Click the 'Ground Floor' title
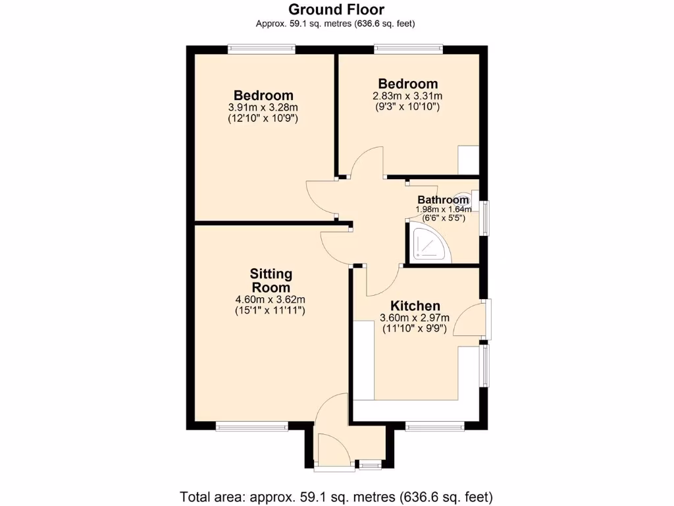pyautogui.click(x=336, y=9)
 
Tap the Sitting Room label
pyautogui.click(x=271, y=281)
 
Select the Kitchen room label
pyautogui.click(x=415, y=306)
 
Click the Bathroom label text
pyautogui.click(x=443, y=200)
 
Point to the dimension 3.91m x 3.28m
pyautogui.click(x=263, y=107)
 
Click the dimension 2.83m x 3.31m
pyautogui.click(x=407, y=96)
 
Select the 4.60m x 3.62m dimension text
pyautogui.click(x=271, y=298)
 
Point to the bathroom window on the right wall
pyautogui.click(x=485, y=217)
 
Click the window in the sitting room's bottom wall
pyautogui.click(x=252, y=427)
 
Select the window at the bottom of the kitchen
pyautogui.click(x=435, y=427)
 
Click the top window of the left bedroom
pyautogui.click(x=261, y=49)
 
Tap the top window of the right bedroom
pyautogui.click(x=408, y=49)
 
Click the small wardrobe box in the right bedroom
pyautogui.click(x=469, y=160)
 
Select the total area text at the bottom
pyautogui.click(x=336, y=496)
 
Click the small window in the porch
pyautogui.click(x=370, y=465)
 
